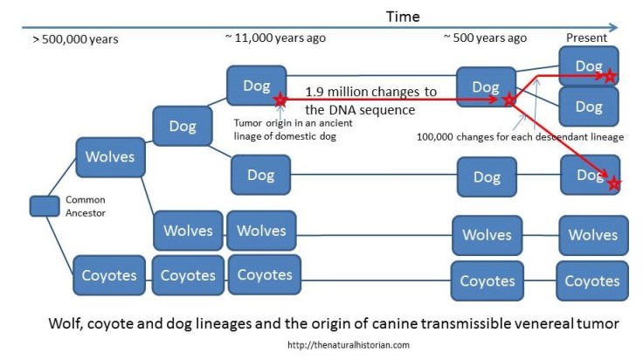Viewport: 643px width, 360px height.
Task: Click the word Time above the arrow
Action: pyautogui.click(x=403, y=17)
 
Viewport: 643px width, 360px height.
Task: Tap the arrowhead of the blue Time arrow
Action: pyautogui.click(x=613, y=28)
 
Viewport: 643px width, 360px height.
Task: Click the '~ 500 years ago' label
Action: pyautogui.click(x=485, y=38)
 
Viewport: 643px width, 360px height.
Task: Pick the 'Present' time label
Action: pyautogui.click(x=587, y=38)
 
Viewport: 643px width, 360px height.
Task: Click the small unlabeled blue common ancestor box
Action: pyautogui.click(x=44, y=206)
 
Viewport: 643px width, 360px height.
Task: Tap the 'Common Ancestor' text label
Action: pyautogui.click(x=85, y=206)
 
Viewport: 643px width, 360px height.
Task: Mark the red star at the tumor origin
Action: pyautogui.click(x=280, y=100)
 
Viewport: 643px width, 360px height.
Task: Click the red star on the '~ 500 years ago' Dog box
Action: pyautogui.click(x=509, y=100)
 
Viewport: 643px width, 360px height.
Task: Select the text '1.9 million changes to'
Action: pyautogui.click(x=371, y=92)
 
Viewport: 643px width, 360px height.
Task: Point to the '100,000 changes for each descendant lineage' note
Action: pyautogui.click(x=520, y=137)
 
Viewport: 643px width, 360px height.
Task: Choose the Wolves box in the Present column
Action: pyautogui.click(x=593, y=235)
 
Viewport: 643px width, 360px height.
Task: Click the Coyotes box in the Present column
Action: pyautogui.click(x=592, y=280)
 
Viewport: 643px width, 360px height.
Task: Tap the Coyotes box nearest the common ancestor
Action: pyautogui.click(x=109, y=275)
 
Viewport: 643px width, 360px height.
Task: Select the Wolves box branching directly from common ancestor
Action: pyautogui.click(x=109, y=157)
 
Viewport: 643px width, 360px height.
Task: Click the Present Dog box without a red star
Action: pyautogui.click(x=589, y=107)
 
